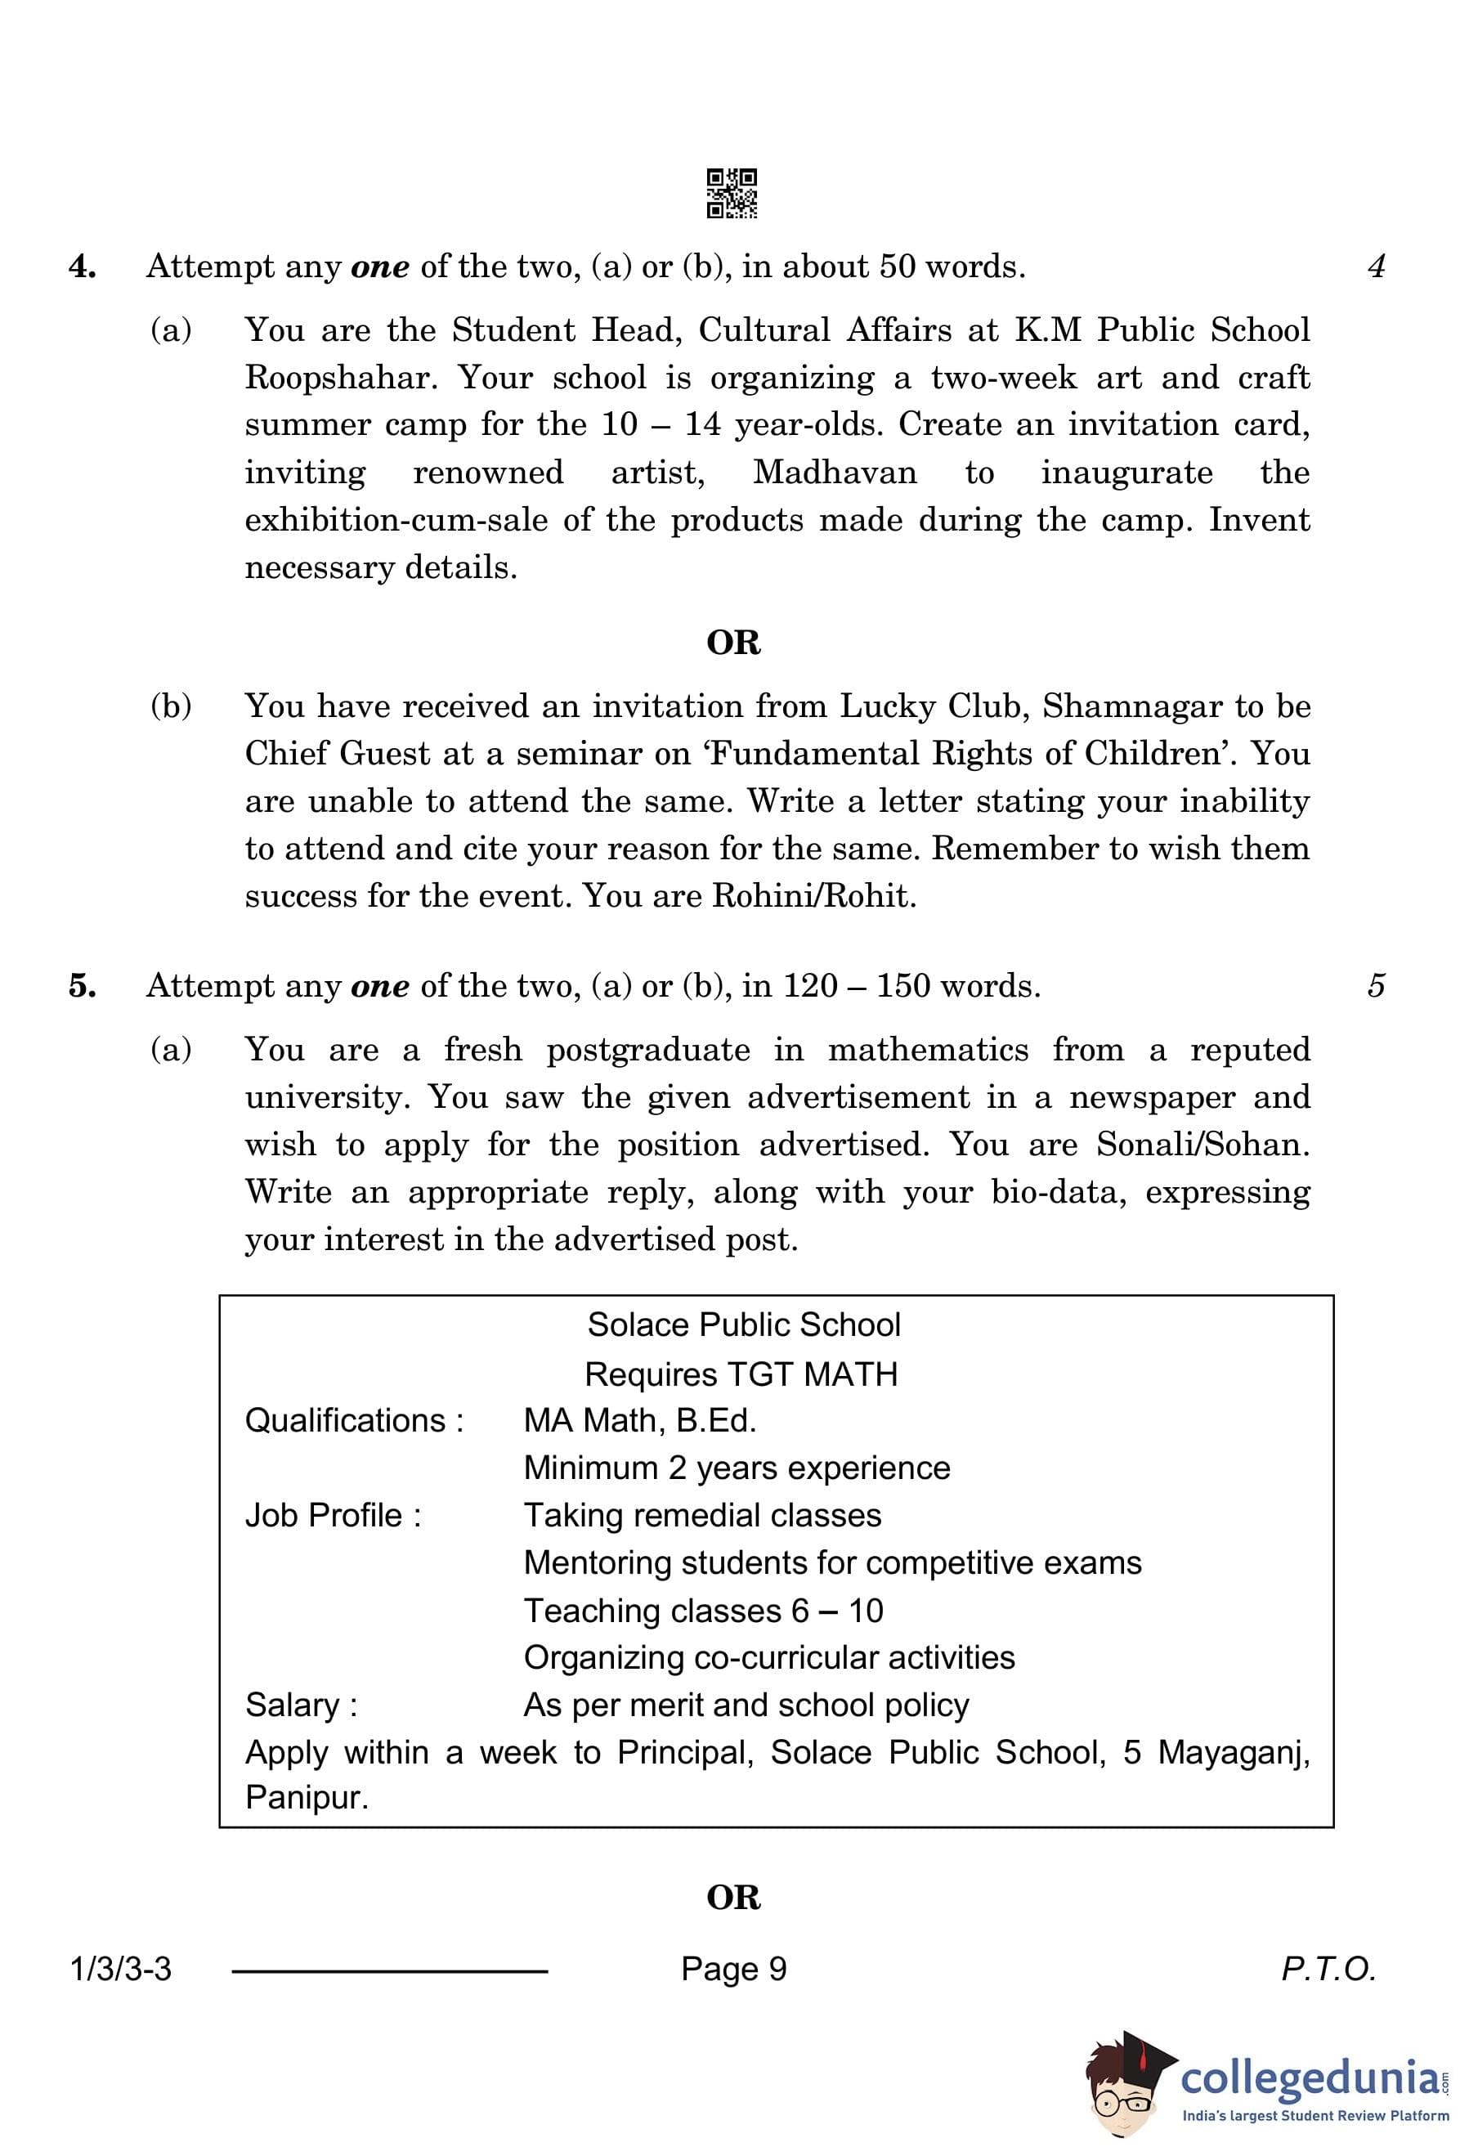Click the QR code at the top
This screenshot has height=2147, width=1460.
point(732,193)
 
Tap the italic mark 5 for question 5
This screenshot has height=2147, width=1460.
point(1376,986)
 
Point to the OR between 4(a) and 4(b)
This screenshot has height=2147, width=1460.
point(733,642)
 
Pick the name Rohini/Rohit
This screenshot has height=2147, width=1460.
point(813,896)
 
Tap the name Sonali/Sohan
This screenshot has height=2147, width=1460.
point(1202,1145)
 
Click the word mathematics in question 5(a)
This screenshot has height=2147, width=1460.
point(927,1050)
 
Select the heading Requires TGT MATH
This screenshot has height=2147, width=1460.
point(741,1374)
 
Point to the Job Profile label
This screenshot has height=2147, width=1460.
point(333,1515)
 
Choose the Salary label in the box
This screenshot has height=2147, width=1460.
point(301,1705)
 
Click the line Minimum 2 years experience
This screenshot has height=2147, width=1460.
point(736,1467)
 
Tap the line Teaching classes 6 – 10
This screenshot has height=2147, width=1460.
point(703,1611)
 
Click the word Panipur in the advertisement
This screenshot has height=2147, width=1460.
point(306,1797)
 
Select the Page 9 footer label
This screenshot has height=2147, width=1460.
point(733,1969)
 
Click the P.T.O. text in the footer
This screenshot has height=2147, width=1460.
point(1328,1969)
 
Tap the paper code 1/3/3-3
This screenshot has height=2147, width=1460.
point(121,1969)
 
